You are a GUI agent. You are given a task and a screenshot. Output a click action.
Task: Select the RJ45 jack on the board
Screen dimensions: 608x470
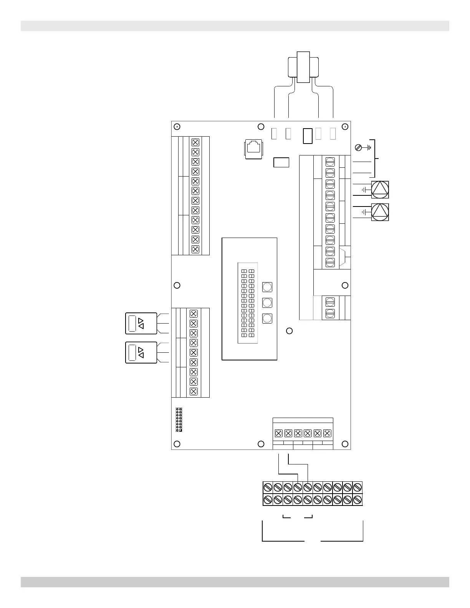[253, 148]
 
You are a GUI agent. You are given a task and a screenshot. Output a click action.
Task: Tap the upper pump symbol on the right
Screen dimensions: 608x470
[380, 190]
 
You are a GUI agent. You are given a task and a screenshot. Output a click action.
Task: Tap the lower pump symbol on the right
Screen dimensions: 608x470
[380, 212]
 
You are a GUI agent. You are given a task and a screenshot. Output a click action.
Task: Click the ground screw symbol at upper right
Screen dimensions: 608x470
[358, 147]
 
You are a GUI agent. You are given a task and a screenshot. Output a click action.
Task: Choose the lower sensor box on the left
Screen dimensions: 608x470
[141, 352]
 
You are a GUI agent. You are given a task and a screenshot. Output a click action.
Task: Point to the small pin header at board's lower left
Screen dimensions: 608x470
[179, 420]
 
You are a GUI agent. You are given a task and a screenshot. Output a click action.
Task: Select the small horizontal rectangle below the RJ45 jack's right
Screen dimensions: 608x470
[281, 162]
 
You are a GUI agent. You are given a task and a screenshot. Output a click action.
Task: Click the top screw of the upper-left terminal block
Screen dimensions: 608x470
[195, 142]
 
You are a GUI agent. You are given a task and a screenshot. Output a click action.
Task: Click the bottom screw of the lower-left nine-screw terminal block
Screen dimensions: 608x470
[194, 392]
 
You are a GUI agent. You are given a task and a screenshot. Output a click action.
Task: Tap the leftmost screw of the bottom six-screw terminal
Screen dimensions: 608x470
[279, 433]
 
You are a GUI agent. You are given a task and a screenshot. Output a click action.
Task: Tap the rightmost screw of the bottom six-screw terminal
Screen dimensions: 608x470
[327, 433]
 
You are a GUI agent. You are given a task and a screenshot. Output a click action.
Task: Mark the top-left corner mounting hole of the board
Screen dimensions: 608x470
[177, 127]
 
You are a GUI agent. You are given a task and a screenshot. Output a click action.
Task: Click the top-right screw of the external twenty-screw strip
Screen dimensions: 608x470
[357, 487]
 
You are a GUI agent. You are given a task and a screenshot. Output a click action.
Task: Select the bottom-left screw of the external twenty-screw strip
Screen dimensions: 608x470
[268, 500]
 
